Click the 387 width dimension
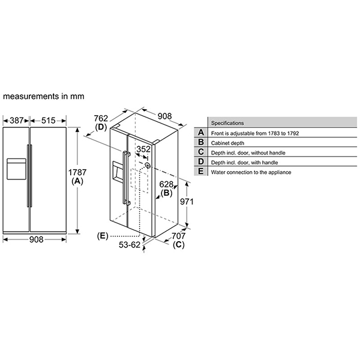17,121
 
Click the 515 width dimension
49,121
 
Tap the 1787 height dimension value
77,172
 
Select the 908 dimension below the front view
36,239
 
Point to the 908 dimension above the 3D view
164,116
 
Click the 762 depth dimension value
101,118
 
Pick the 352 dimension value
143,149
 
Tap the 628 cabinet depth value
166,184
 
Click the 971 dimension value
187,202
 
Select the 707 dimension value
178,236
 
